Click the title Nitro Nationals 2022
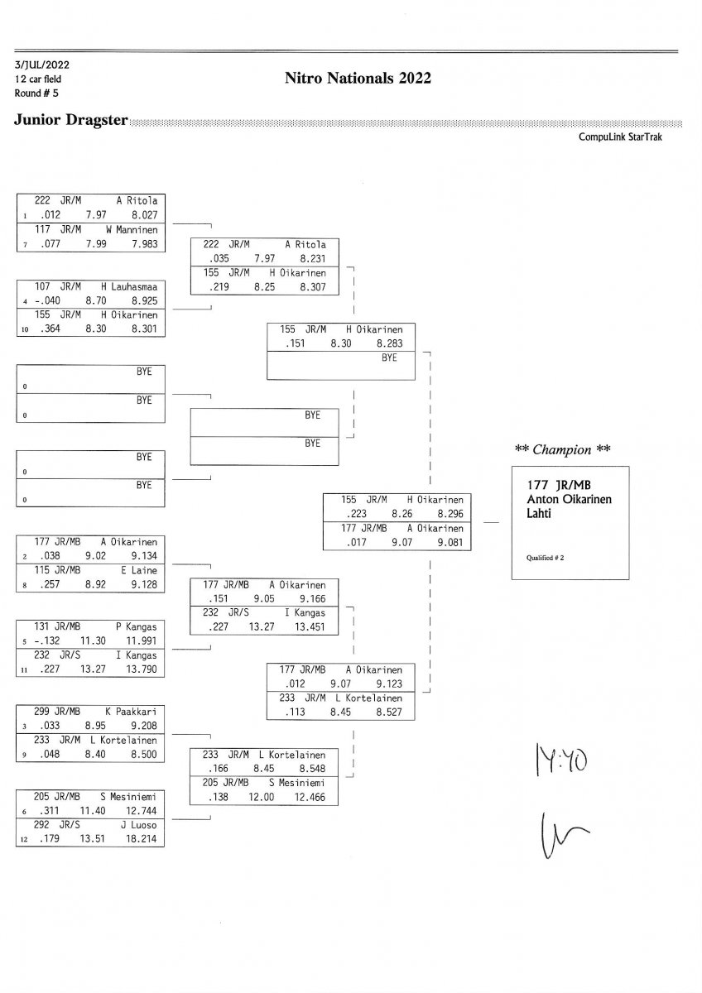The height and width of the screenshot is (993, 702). [358, 79]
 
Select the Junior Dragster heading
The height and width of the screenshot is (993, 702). [70, 121]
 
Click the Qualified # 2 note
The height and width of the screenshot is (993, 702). [546, 558]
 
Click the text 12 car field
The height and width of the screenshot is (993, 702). [37, 79]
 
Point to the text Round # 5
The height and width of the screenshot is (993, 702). [36, 92]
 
